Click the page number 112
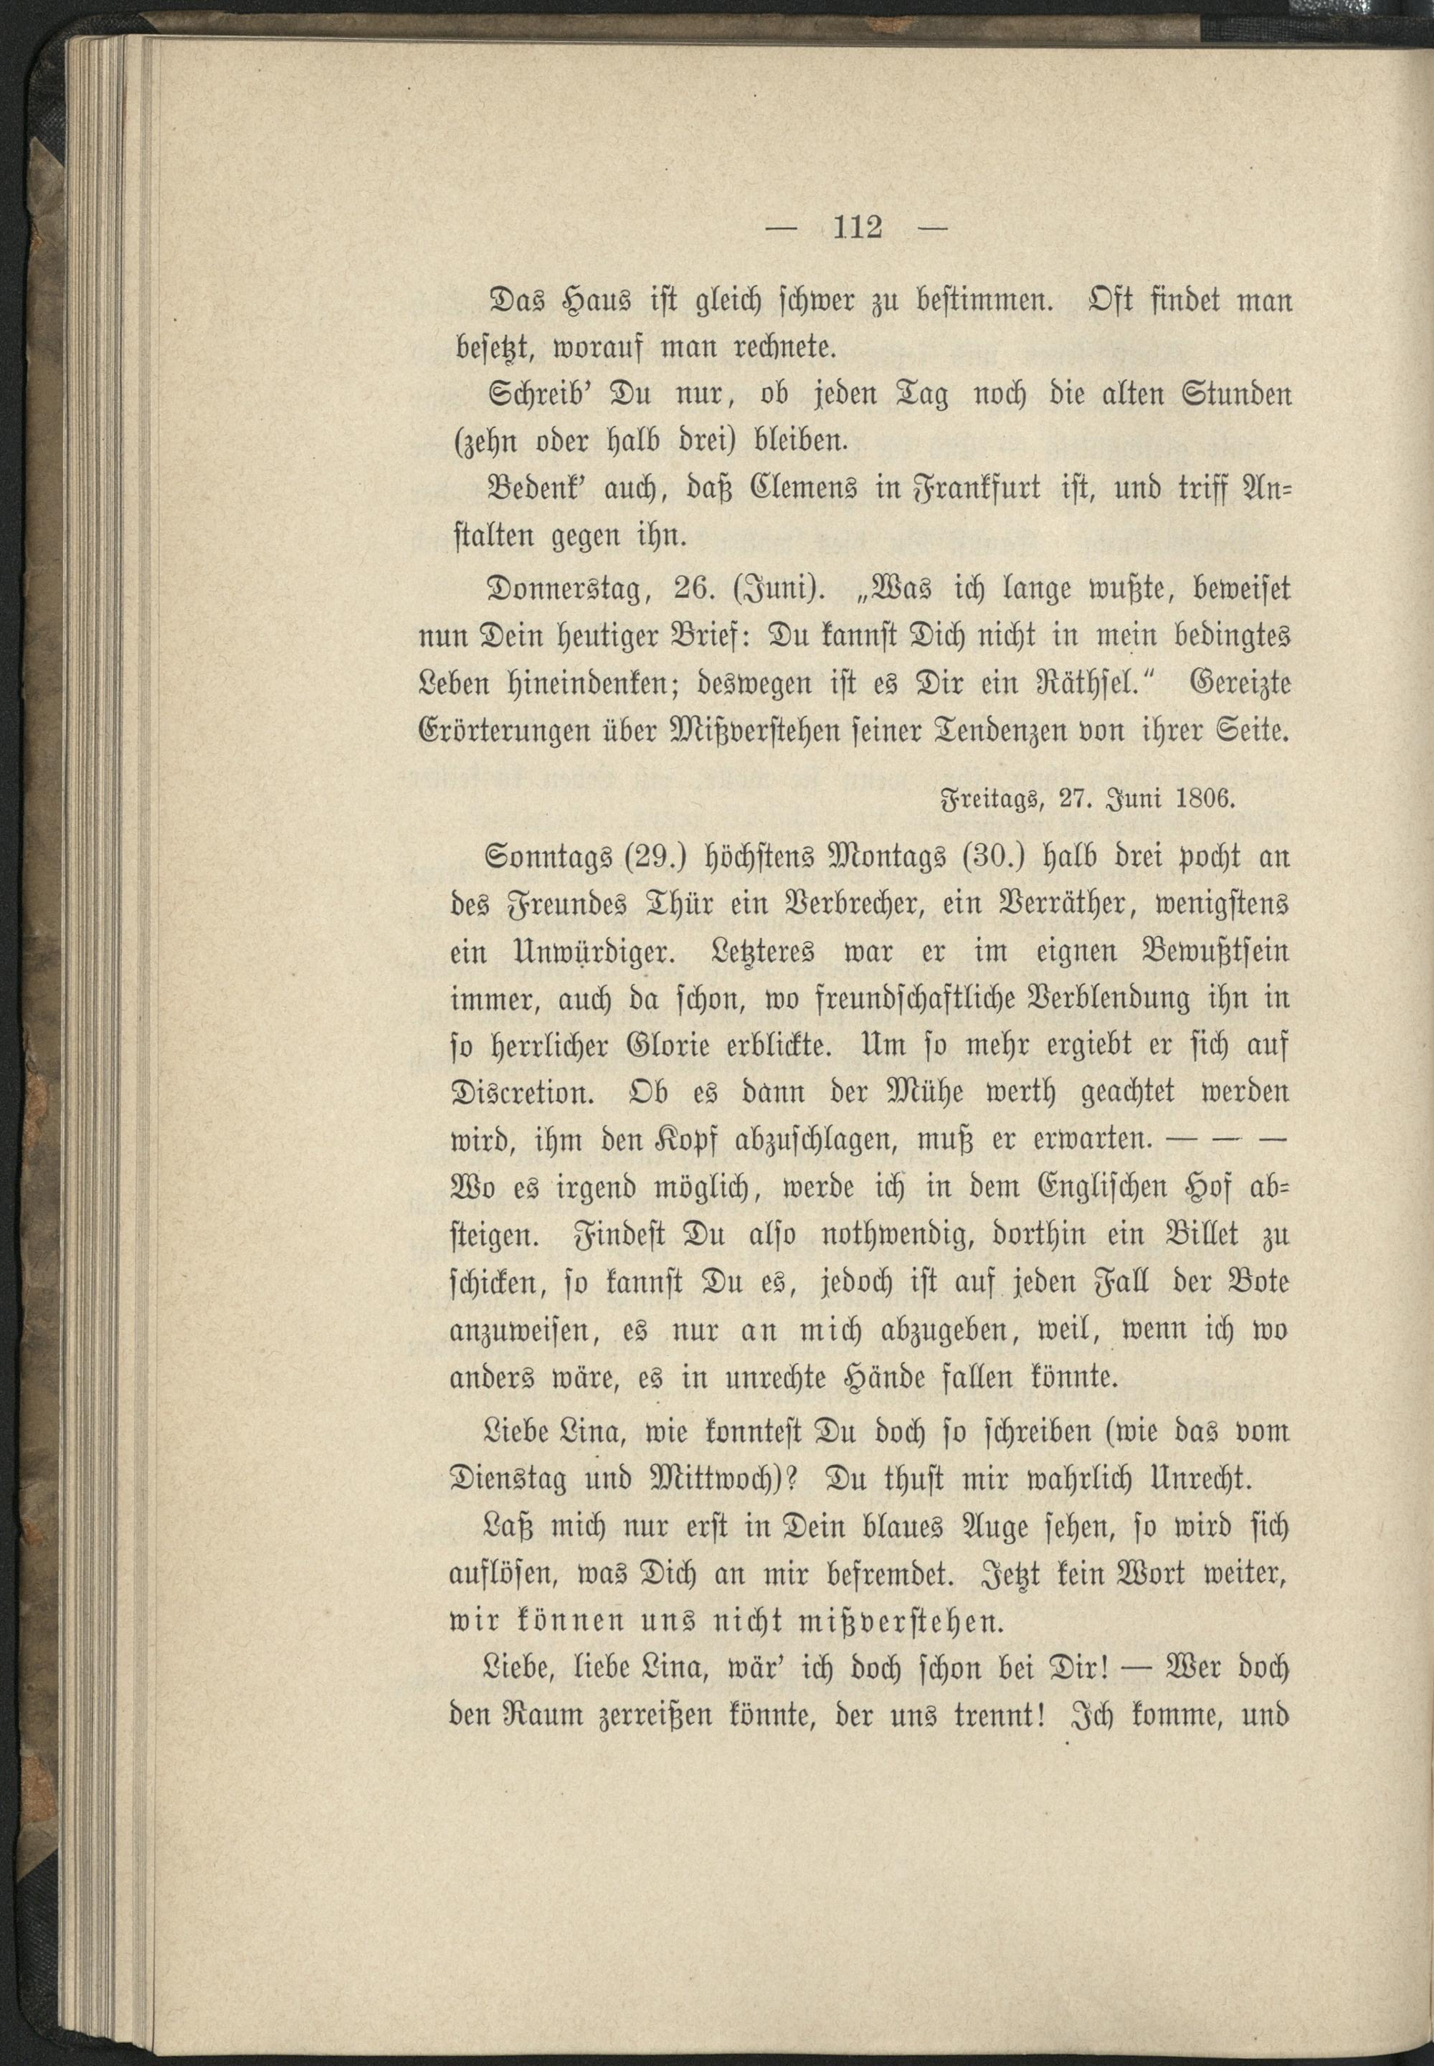click(x=858, y=228)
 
